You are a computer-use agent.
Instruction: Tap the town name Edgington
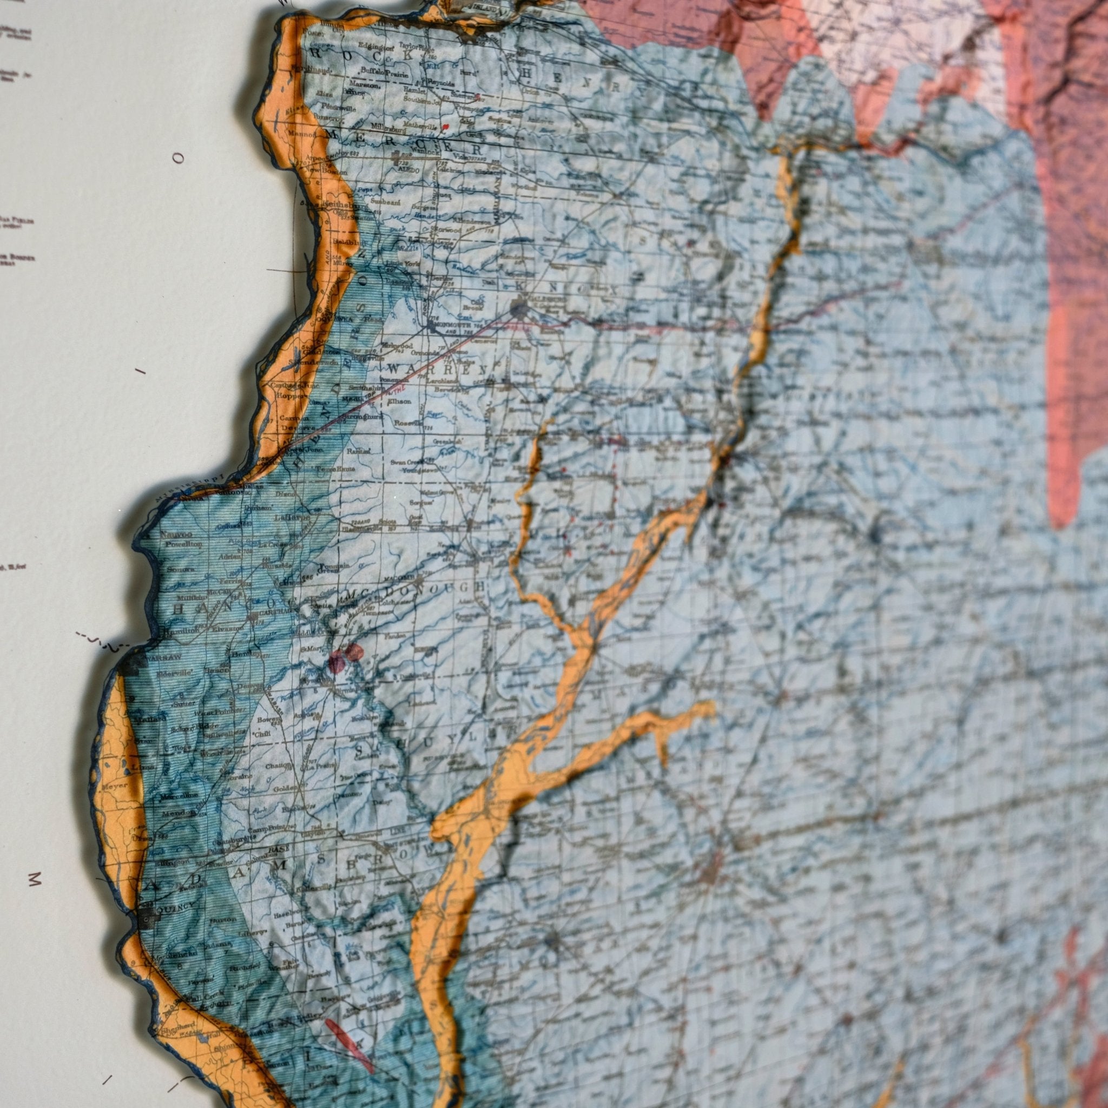tap(374, 46)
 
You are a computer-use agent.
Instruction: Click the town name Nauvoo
tap(173, 534)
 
